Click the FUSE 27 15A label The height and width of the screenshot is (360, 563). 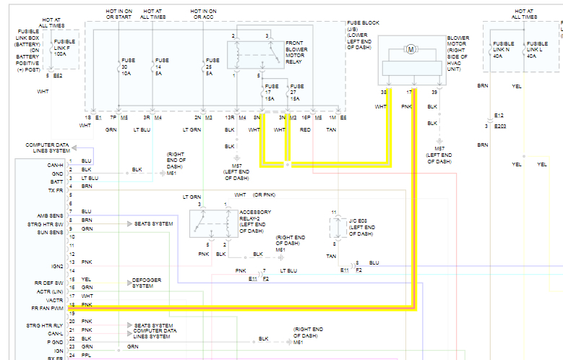[296, 93]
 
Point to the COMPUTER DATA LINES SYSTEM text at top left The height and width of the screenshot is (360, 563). [48, 147]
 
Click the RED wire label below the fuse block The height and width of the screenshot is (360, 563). [306, 130]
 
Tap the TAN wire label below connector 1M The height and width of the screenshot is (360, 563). [331, 130]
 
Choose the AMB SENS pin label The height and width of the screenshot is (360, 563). [50, 215]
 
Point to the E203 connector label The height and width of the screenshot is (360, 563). [501, 126]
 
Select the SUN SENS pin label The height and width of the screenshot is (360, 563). [50, 232]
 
